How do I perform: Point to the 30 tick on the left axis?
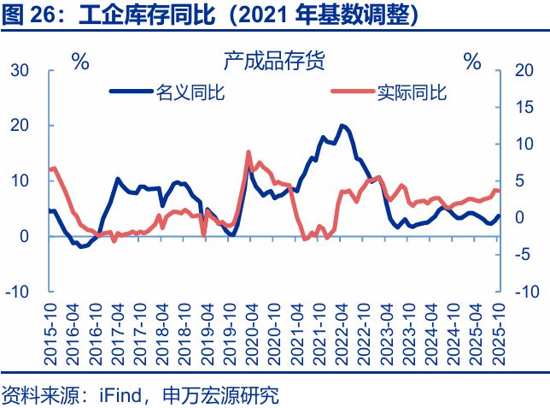point(20,70)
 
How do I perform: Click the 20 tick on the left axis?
point(20,126)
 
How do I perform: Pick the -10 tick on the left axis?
point(17,292)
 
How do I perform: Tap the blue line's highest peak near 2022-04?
point(342,126)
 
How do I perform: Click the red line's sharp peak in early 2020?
point(249,152)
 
